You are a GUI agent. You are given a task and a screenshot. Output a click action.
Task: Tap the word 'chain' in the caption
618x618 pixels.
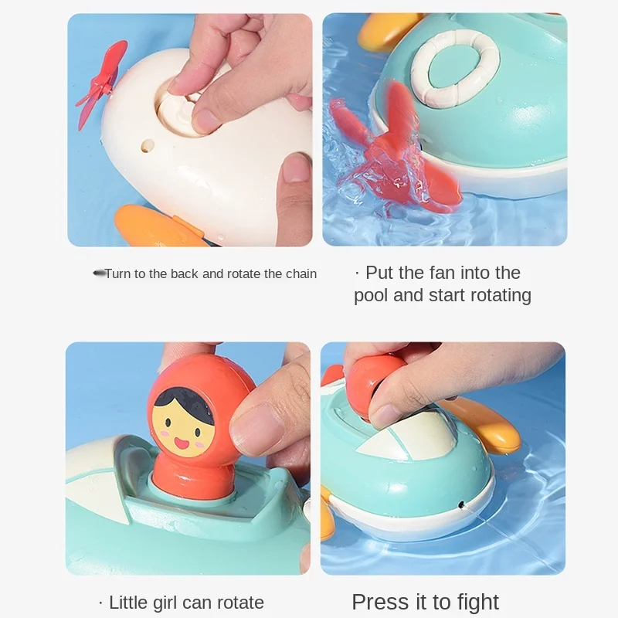click(300, 273)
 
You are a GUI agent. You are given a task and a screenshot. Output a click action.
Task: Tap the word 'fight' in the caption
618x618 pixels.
click(475, 603)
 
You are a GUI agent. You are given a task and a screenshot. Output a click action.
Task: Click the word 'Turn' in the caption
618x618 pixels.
click(117, 273)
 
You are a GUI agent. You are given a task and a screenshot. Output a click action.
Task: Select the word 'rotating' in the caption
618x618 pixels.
click(492, 295)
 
